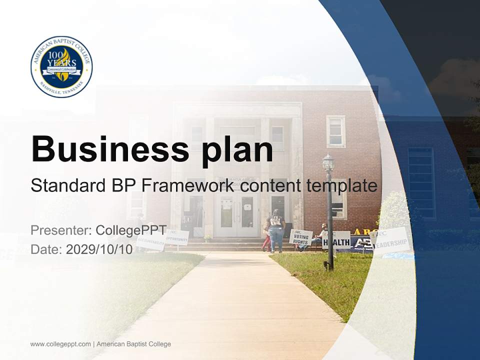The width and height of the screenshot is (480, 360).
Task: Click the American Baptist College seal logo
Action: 61,66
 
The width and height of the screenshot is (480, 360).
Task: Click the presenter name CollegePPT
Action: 131,230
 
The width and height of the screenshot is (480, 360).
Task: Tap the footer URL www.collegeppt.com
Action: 60,344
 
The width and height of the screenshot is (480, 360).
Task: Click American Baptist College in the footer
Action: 133,344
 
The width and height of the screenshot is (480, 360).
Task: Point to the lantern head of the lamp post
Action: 328,163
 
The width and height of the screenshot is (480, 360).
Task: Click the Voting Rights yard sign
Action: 301,237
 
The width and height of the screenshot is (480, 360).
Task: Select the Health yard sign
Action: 336,241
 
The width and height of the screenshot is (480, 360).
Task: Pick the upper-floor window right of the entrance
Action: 335,131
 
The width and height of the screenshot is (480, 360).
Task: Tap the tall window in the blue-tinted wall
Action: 421,175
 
